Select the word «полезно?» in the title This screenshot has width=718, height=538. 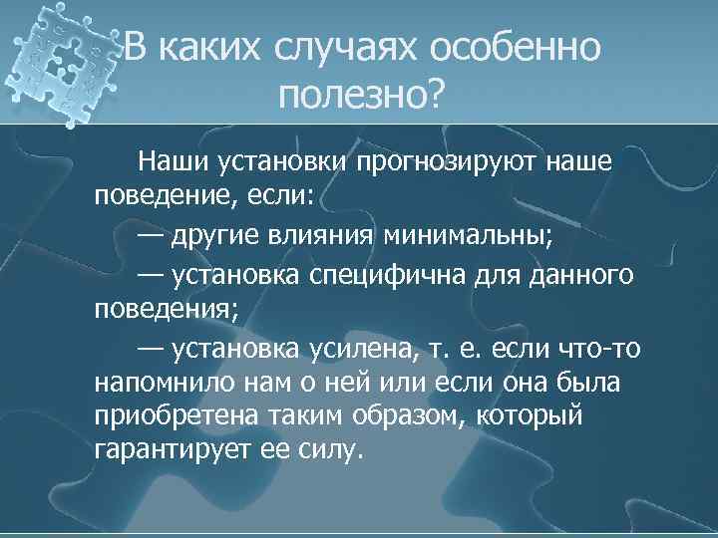[363, 96]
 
